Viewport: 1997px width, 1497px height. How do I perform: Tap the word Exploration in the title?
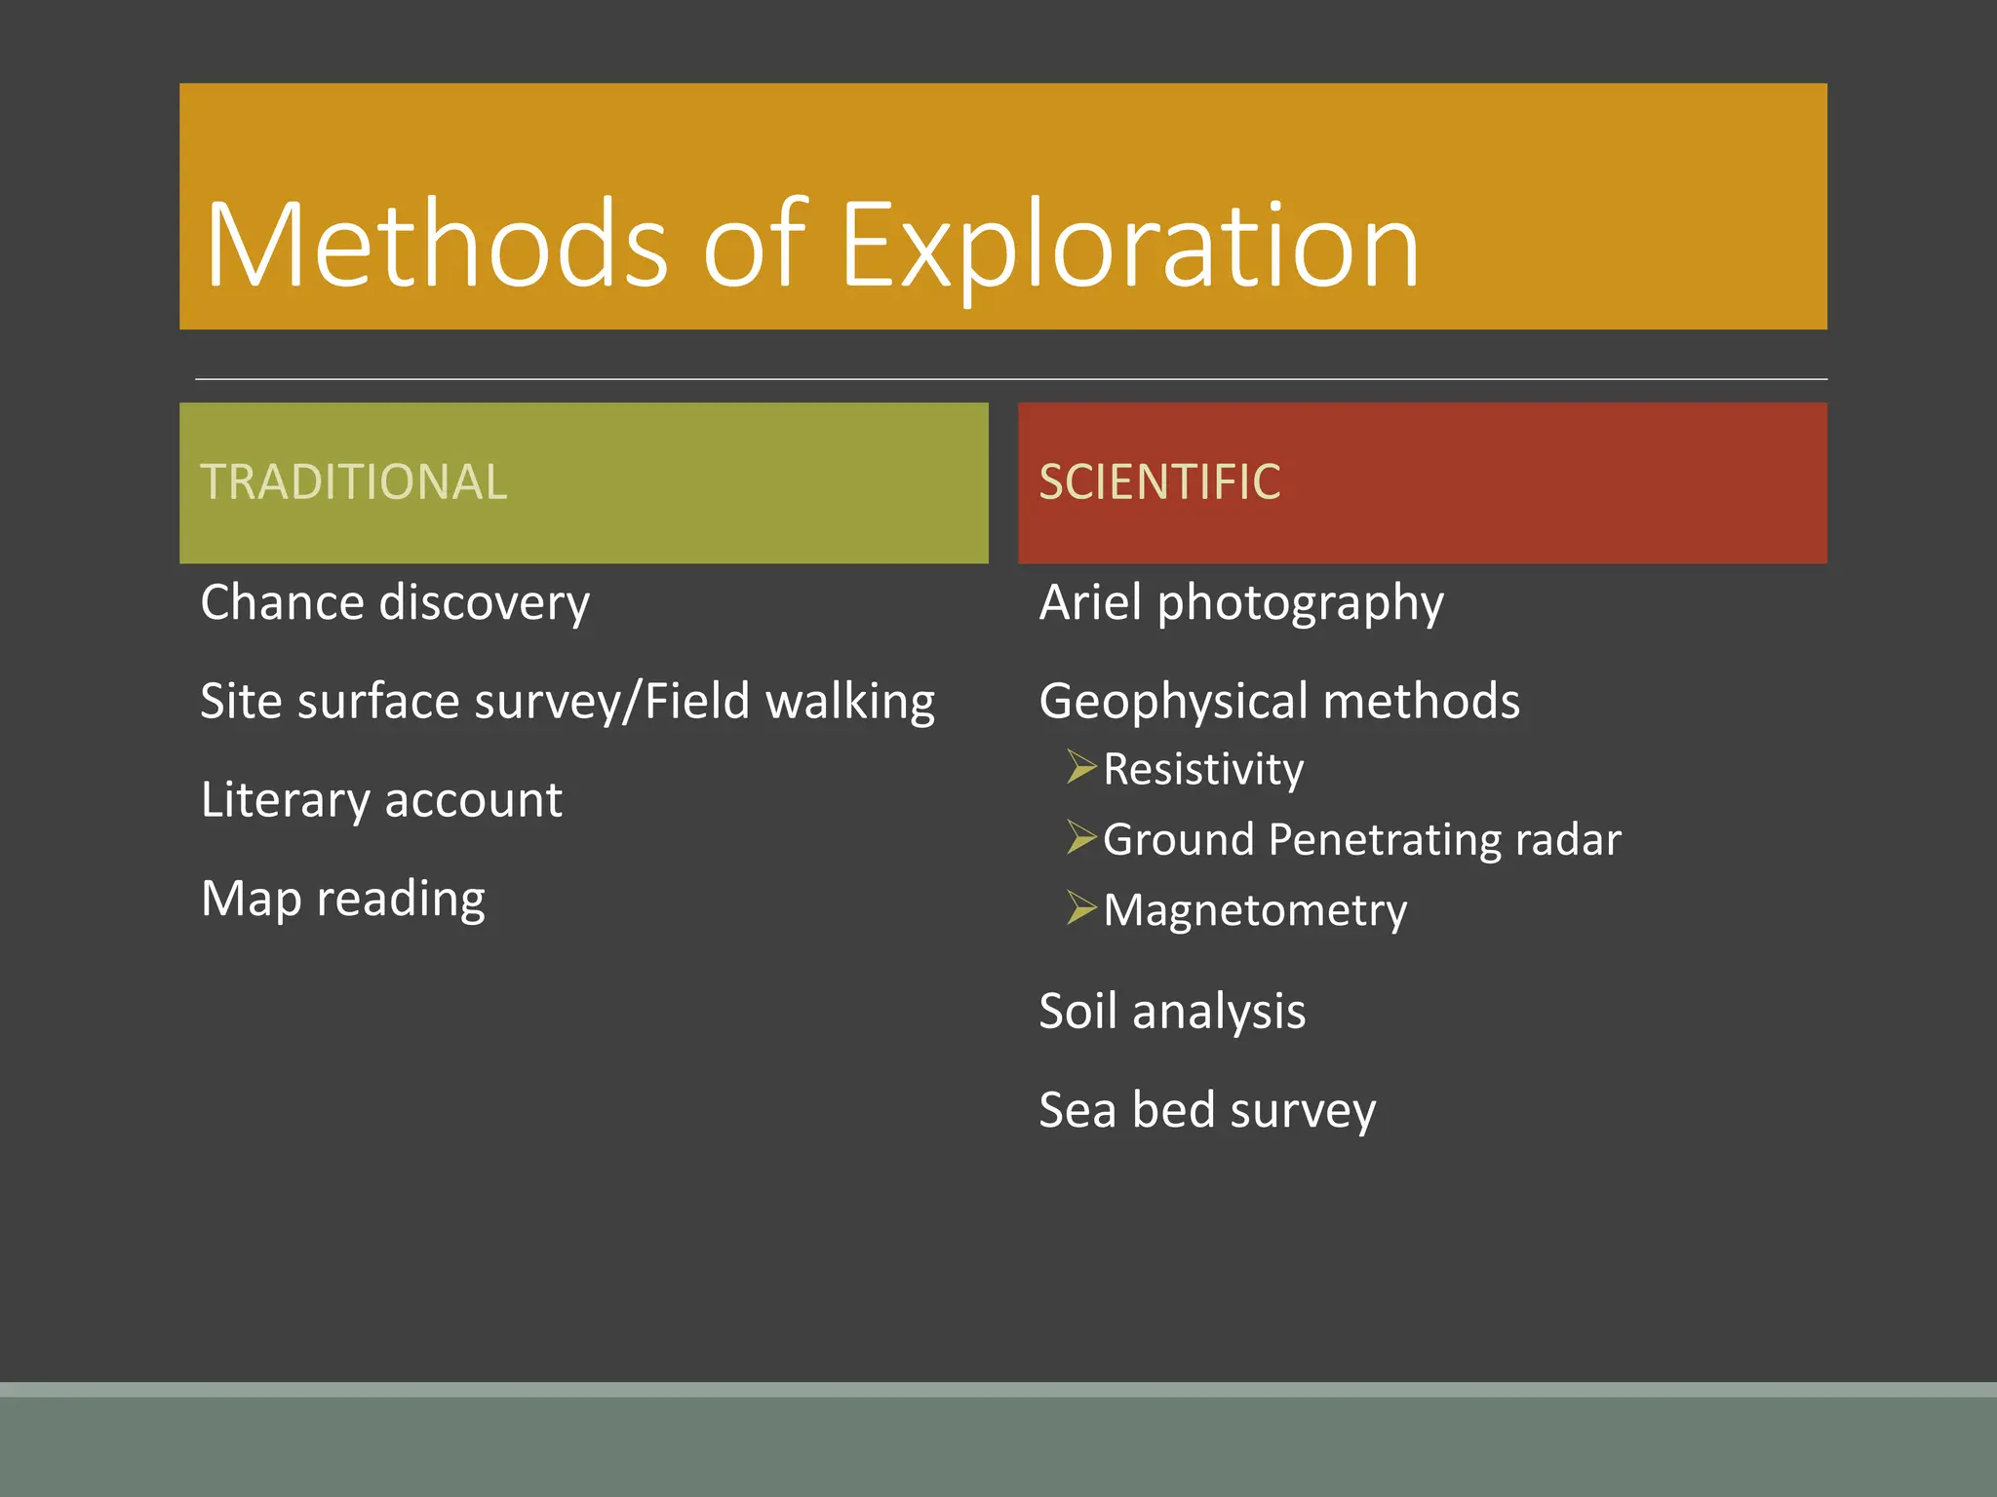tap(1129, 246)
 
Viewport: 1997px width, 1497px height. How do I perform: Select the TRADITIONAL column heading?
tap(354, 481)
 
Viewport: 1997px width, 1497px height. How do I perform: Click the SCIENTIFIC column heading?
tap(1159, 481)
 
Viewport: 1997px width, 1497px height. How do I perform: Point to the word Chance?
tap(282, 602)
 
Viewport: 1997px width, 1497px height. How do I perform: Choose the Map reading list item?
tap(342, 899)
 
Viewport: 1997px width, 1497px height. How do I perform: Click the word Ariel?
tap(1090, 602)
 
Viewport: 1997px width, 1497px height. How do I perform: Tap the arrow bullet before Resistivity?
tap(1080, 767)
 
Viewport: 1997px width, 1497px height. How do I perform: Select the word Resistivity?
tap(1203, 770)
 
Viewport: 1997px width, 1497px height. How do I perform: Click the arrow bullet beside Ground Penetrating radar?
tap(1080, 837)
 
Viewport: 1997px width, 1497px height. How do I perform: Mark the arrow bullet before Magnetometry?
tap(1080, 907)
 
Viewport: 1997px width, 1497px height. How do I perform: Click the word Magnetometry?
tap(1255, 911)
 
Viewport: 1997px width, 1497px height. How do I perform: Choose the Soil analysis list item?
tap(1172, 1011)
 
